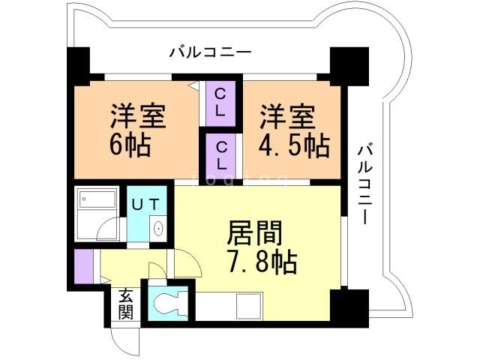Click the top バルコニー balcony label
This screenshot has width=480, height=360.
click(x=210, y=52)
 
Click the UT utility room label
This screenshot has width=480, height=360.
click(x=145, y=203)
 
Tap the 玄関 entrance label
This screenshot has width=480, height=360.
click(x=125, y=304)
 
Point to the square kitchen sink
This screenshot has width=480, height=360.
click(x=248, y=305)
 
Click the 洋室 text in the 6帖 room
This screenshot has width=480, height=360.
click(x=138, y=117)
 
